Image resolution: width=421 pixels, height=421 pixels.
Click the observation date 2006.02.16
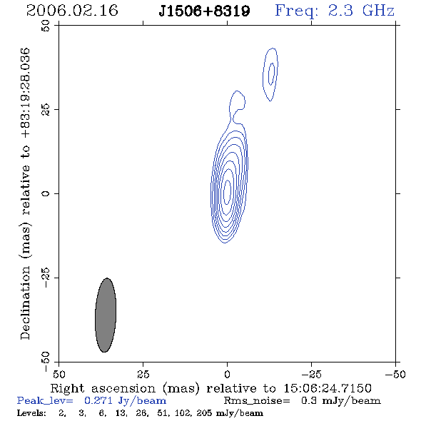[x=72, y=11]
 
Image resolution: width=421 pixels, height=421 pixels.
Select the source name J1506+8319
[x=204, y=11]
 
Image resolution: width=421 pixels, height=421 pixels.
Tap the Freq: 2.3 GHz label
[x=335, y=11]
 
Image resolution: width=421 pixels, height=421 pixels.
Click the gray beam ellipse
[x=106, y=315]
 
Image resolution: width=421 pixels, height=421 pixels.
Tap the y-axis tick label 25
[x=46, y=110]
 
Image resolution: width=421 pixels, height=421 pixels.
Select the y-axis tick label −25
[x=46, y=278]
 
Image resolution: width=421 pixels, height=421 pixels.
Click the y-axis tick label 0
[x=46, y=193]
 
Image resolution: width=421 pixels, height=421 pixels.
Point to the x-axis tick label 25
[x=143, y=375]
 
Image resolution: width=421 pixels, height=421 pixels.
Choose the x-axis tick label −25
[x=311, y=375]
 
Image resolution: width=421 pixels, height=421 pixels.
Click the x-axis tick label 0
[x=227, y=375]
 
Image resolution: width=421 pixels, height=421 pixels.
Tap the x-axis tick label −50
[x=395, y=375]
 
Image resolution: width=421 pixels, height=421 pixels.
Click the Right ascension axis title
[x=210, y=388]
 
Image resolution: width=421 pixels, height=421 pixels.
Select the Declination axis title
[x=25, y=194]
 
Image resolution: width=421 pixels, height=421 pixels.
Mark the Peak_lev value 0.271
[x=98, y=400]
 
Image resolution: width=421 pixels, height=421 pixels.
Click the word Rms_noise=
[x=257, y=401]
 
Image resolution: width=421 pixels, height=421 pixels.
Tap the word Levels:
[x=31, y=413]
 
